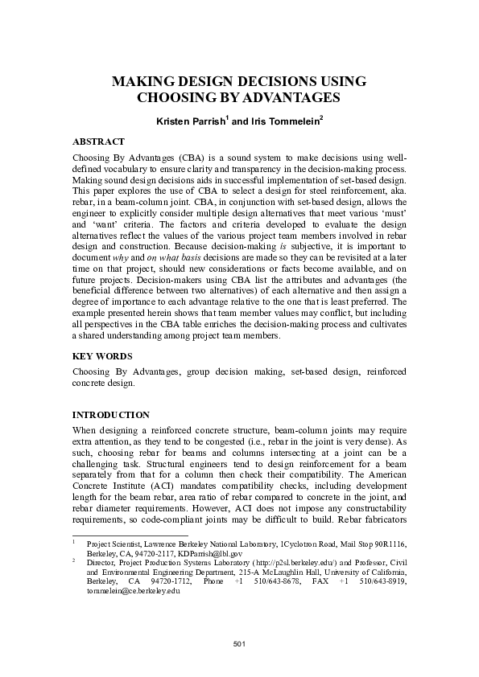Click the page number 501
(x=239, y=645)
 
